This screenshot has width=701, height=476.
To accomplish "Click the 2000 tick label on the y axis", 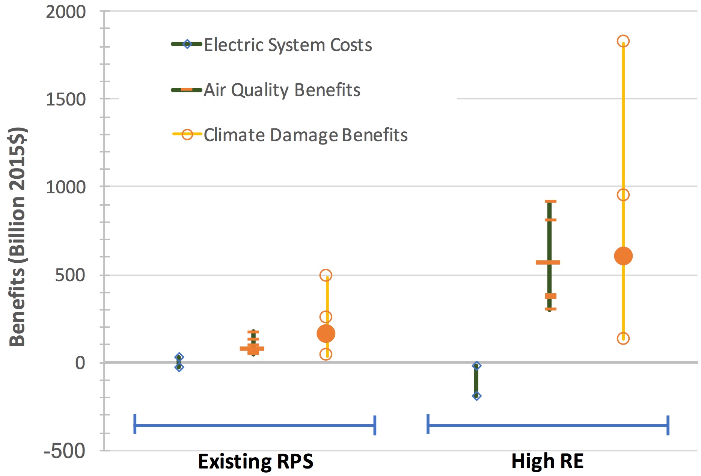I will click(x=66, y=12).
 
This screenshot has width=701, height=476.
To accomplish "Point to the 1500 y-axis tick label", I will click(x=66, y=99).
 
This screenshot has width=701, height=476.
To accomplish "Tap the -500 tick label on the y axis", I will click(x=65, y=451).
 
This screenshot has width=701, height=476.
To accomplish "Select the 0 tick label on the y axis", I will click(x=80, y=363).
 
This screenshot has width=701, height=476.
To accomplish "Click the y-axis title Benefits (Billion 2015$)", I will click(x=18, y=236).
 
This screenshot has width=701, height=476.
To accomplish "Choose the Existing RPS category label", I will click(x=255, y=461).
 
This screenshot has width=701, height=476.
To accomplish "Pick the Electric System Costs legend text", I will click(x=288, y=45).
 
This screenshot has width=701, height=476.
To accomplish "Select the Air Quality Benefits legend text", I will click(x=282, y=90).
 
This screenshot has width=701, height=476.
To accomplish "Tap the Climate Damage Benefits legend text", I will click(x=305, y=135).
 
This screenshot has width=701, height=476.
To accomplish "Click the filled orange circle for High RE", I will click(x=623, y=256).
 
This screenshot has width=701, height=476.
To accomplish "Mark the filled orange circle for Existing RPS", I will click(x=326, y=333).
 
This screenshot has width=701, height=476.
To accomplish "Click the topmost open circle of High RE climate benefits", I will click(x=623, y=41).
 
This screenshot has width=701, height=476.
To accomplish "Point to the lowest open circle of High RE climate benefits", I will click(x=623, y=339).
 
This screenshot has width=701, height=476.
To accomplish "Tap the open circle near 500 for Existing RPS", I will click(x=326, y=275).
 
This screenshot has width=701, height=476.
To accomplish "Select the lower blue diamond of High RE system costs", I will click(x=476, y=396).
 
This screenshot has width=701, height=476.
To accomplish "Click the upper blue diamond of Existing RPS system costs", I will click(x=179, y=357).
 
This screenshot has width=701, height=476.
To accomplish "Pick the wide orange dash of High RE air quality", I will click(x=548, y=262).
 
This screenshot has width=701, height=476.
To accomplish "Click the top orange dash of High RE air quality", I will click(x=550, y=202).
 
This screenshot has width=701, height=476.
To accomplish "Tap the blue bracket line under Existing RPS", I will click(x=255, y=425).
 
